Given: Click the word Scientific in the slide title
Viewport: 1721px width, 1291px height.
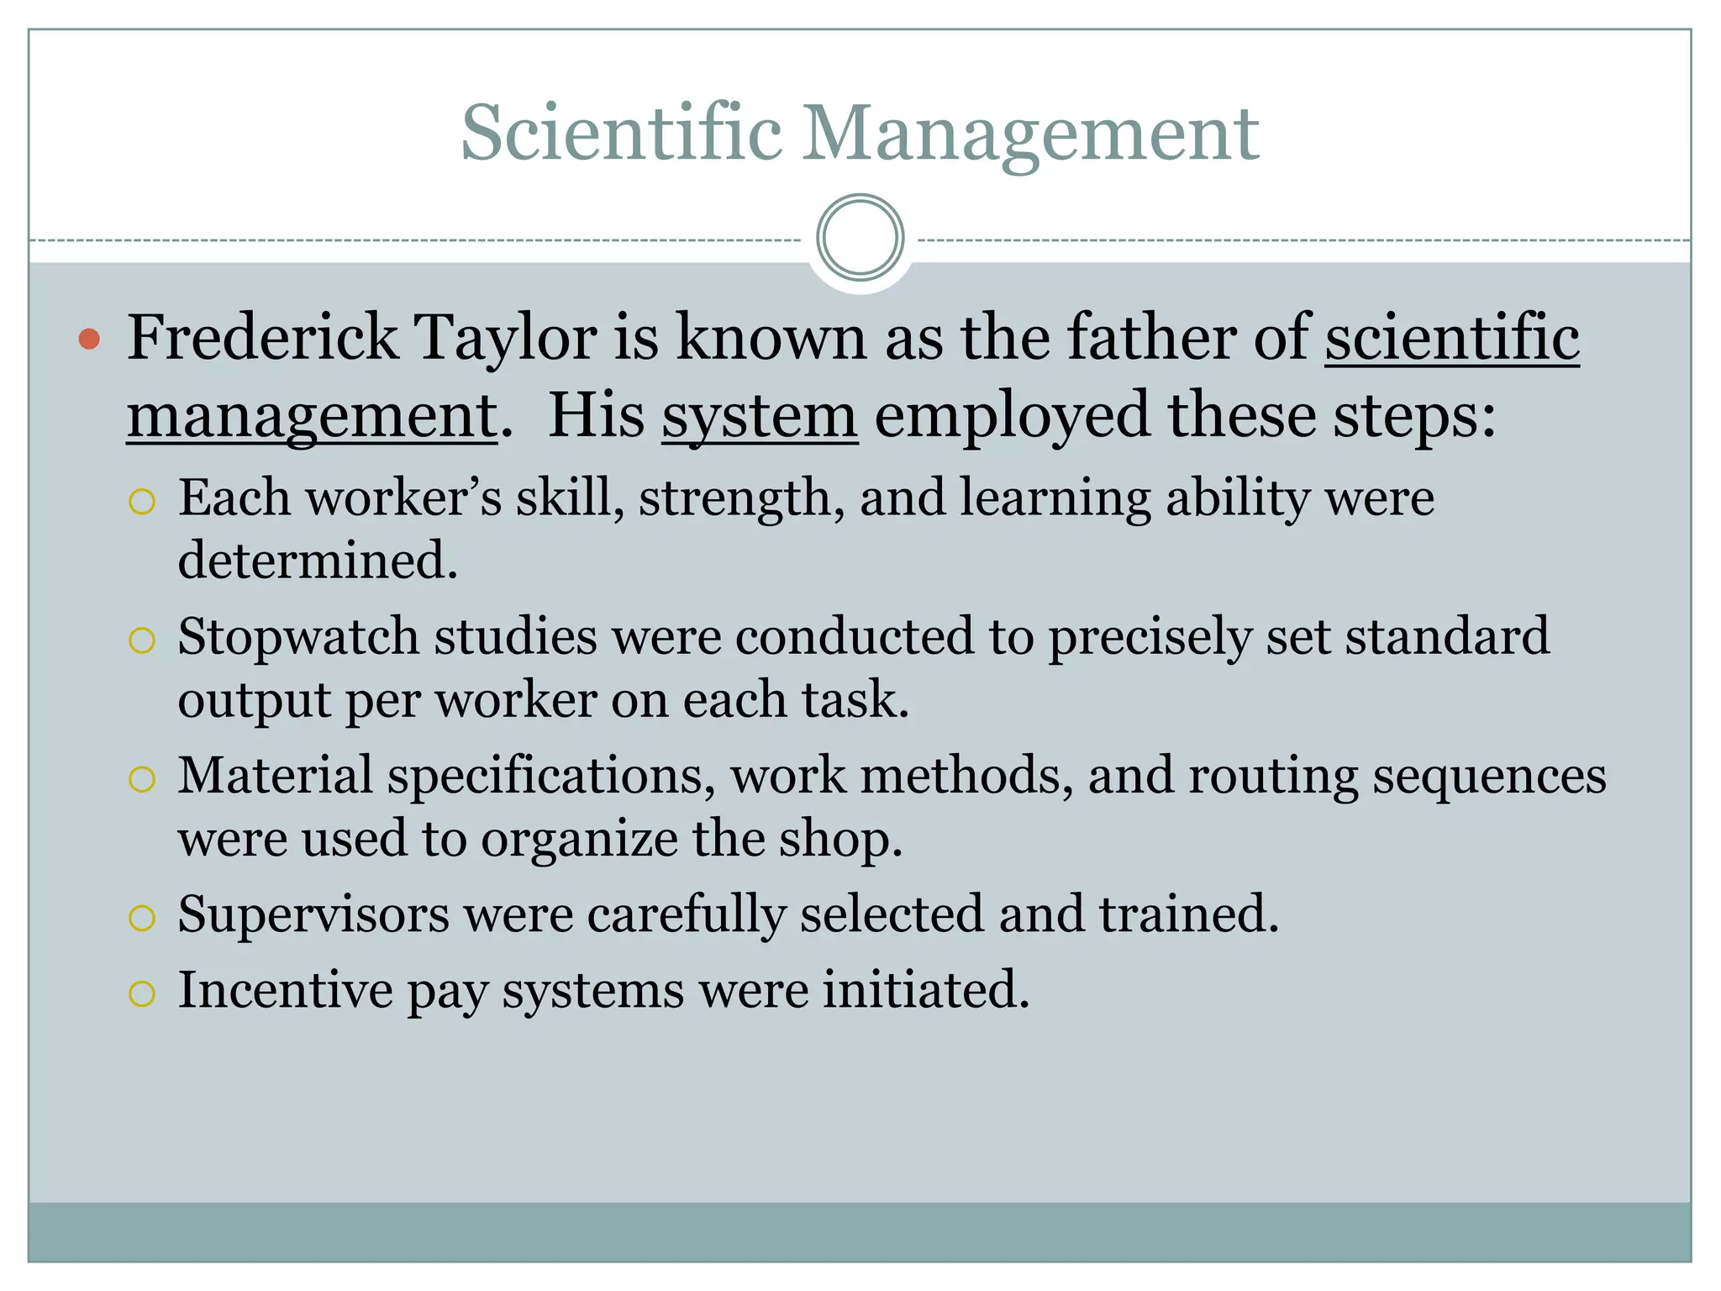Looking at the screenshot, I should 622,133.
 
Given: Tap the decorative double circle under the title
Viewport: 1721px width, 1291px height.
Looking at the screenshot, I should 860,238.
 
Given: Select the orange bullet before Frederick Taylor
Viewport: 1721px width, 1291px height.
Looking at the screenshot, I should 89,340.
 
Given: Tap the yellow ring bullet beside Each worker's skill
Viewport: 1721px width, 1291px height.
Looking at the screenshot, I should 142,502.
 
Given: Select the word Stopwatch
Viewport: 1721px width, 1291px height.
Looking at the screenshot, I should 298,636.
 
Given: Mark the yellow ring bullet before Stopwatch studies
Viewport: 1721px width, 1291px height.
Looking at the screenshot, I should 142,640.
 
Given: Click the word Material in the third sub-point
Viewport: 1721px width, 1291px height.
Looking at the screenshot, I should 275,775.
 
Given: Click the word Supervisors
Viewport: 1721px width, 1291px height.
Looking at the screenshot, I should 313,914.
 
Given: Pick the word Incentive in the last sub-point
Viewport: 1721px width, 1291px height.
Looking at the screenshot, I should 285,989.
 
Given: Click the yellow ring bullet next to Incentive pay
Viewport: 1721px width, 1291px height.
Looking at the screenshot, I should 142,994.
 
